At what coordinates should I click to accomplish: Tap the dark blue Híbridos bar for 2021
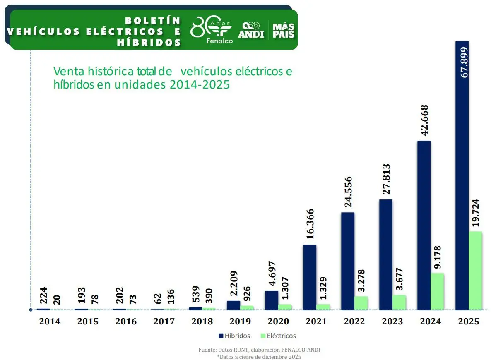(310, 277)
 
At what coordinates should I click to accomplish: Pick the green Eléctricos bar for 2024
(438, 291)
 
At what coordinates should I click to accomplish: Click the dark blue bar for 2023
(386, 254)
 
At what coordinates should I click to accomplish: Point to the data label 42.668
(424, 121)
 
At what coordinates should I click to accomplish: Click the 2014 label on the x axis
(50, 322)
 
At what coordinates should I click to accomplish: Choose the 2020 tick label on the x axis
(278, 322)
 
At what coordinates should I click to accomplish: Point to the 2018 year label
(202, 322)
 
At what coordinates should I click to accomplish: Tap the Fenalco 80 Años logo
(212, 30)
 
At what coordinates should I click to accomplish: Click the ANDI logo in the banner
(251, 30)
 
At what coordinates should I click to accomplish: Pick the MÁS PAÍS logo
(284, 30)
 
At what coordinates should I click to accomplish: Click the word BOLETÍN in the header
(153, 20)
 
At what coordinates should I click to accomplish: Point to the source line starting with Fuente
(259, 350)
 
